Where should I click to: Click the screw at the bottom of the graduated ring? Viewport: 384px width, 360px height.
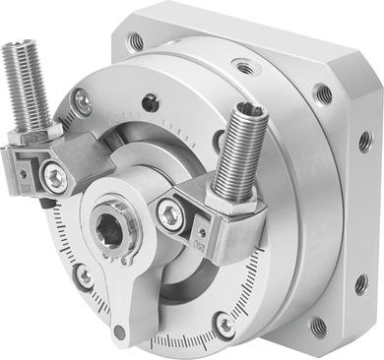point(226,324)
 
